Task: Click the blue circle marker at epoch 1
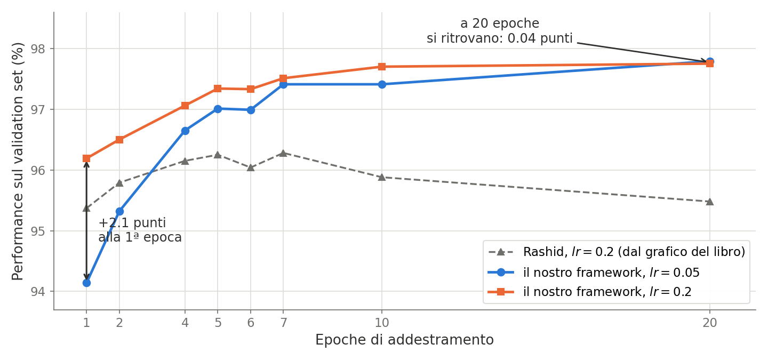(86, 283)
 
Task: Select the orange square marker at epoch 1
(86, 158)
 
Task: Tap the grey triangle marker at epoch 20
(710, 202)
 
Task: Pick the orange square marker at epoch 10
(382, 67)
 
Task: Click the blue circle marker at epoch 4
(185, 131)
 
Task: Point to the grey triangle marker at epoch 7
(283, 153)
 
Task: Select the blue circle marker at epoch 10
(382, 84)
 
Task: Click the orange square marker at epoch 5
(218, 89)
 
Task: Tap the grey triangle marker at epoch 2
(119, 183)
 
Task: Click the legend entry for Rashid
(617, 252)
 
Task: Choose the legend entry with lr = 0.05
(594, 273)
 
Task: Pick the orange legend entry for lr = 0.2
(590, 292)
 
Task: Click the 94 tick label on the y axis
(38, 291)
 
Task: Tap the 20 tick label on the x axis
(710, 323)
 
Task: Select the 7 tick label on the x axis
(283, 323)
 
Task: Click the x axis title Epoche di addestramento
(405, 340)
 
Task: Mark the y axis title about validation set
(18, 161)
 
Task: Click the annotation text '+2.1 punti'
(132, 223)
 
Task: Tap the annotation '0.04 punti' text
(540, 38)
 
